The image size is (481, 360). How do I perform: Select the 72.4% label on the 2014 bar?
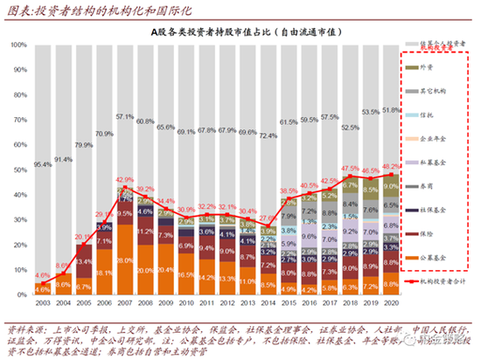point(268,135)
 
